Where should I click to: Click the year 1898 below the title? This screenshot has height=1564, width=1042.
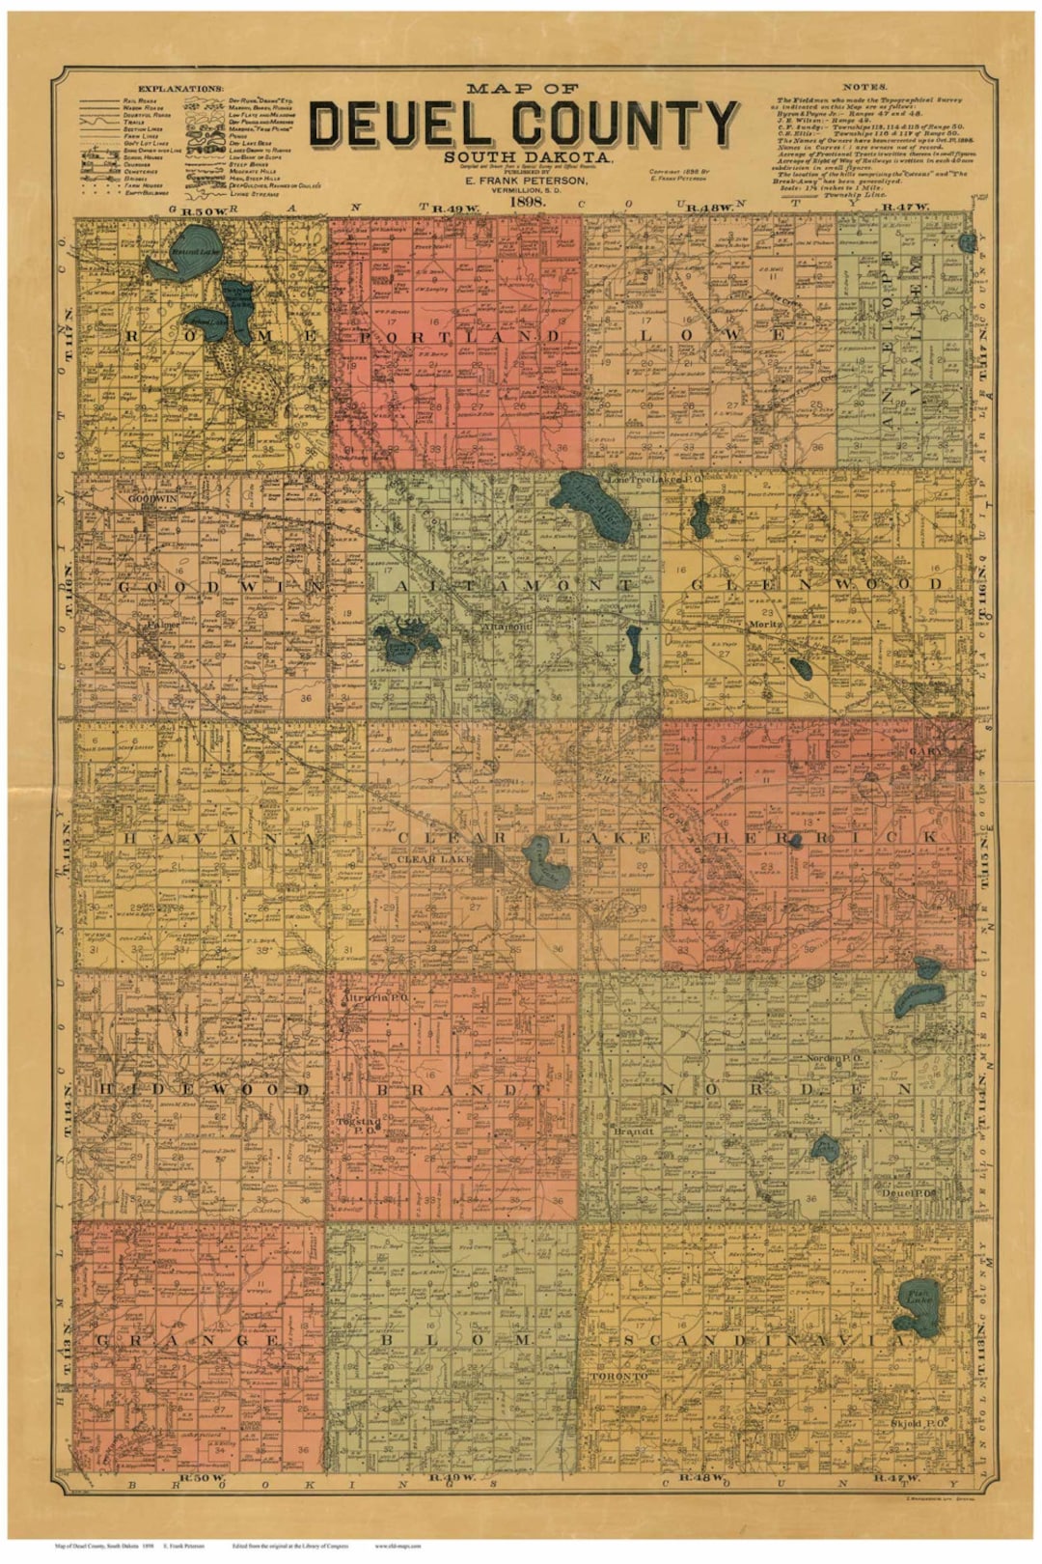click(x=522, y=202)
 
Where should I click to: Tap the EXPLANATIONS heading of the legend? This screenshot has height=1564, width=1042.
click(x=179, y=88)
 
